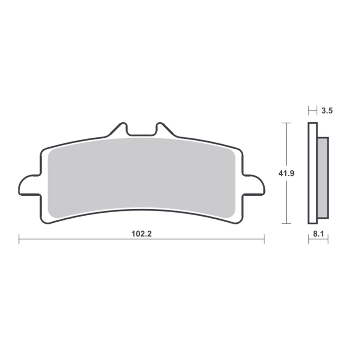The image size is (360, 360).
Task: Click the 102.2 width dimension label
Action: coord(141,234)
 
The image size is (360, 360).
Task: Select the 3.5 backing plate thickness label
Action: coord(327,111)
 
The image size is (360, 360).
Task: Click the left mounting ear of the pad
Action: coord(28,185)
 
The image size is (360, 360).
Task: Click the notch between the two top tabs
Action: coord(141,132)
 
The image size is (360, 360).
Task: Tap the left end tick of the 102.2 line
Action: coord(19,239)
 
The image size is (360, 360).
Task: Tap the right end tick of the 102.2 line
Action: coord(264,239)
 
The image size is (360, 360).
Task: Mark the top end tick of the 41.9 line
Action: coord(286,123)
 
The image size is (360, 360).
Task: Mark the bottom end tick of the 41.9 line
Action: coord(286,223)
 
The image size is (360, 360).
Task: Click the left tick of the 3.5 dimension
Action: coord(309,111)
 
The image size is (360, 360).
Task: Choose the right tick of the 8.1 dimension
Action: coord(328,239)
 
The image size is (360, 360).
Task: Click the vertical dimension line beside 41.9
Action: coord(286,150)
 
